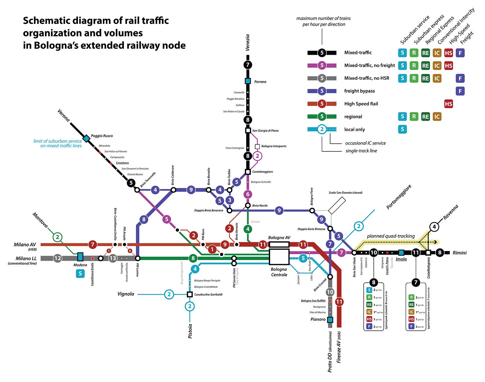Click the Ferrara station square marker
247,81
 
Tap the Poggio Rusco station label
102,136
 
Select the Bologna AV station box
279,244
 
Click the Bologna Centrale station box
279,257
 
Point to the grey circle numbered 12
57,258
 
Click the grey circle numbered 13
113,258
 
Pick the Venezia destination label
247,43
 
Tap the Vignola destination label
126,294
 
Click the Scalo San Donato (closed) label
345,193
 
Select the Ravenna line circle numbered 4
434,227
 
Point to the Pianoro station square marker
330,320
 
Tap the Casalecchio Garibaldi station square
190,294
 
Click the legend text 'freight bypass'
359,91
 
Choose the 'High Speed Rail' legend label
361,104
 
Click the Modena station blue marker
80,257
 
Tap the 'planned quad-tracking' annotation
391,236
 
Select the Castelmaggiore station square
247,172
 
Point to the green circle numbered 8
193,258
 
